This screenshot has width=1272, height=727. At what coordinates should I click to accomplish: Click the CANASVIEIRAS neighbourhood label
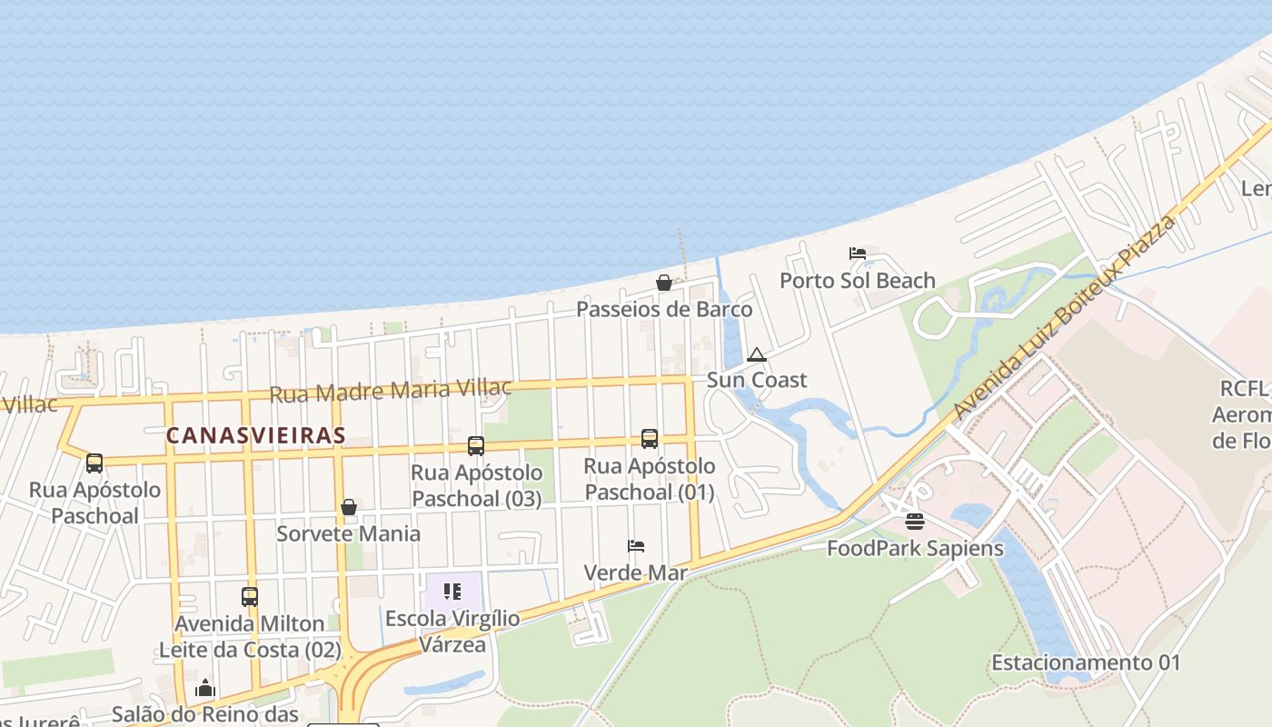[x=255, y=435]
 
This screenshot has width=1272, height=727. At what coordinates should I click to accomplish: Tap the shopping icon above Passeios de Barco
[x=664, y=283]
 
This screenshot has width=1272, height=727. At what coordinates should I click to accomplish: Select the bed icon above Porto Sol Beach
[x=857, y=254]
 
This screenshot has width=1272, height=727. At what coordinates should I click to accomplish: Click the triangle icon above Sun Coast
[x=756, y=354]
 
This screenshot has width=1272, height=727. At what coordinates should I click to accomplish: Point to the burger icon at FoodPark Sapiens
[x=914, y=522]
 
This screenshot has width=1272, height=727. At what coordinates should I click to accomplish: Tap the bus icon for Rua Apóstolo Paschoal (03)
[x=476, y=446]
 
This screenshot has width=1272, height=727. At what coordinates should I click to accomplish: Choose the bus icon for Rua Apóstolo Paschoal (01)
[x=649, y=439]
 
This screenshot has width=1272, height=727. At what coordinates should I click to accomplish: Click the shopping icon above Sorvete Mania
[x=349, y=507]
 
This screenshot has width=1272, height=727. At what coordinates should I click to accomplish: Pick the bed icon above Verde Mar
[x=636, y=546]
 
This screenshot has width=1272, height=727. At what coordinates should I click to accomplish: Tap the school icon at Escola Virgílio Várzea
[x=452, y=592]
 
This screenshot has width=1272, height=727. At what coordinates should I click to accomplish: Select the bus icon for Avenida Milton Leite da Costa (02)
[x=250, y=597]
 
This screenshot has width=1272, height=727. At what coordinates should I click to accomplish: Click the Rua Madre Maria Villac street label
[x=391, y=391]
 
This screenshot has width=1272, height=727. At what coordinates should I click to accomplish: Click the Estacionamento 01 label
[x=1086, y=662]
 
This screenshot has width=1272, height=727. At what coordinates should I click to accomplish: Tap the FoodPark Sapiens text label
[x=915, y=549]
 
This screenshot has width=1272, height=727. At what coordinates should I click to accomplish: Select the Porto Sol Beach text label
[x=857, y=281]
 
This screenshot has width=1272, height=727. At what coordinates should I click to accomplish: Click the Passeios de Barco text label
[x=664, y=310]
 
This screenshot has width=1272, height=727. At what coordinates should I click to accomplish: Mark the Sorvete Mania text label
[x=349, y=533]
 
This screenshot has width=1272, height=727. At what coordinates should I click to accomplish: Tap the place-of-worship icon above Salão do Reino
[x=205, y=688]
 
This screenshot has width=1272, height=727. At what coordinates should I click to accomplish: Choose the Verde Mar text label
[x=635, y=573]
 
